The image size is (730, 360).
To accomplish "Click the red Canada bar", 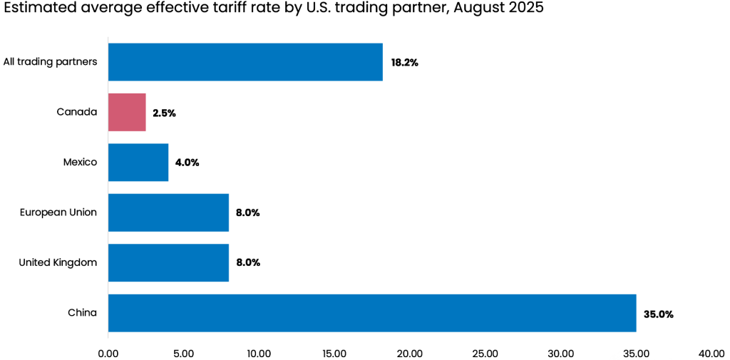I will coord(127,113).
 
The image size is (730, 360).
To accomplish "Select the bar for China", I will coord(371,313).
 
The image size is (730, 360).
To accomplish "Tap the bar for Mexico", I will coord(138,163).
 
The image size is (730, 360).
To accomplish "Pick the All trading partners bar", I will coord(245,62).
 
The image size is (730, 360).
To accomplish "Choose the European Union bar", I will coord(168,212).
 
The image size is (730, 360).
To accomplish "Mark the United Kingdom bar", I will coord(168,262).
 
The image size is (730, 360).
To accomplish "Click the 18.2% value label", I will coord(404,63).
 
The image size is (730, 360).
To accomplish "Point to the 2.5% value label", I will coord(164,113).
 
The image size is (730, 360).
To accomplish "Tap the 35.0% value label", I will coord(658,314).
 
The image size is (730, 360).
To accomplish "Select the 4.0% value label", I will coord(187,163).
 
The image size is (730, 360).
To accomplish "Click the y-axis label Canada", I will coord(76,112).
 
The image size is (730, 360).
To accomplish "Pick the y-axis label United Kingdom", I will coord(58,262).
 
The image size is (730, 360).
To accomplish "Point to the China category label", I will coord(82,313).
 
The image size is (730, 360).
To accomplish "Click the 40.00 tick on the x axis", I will coord(711,353).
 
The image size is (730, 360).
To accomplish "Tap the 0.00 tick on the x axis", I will coord(108,353).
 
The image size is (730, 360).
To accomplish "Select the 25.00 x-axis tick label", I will coord(485,353).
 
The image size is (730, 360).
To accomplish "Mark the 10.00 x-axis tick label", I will coord(259,353).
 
